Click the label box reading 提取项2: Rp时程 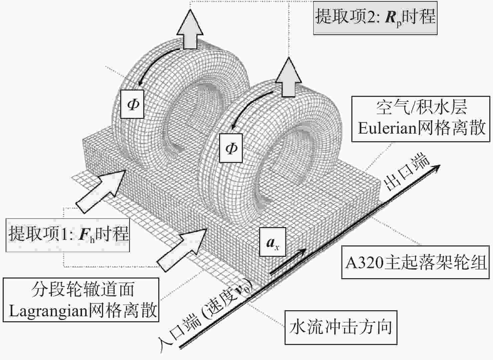pyautogui.click(x=375, y=17)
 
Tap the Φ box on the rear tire pyautogui.click(x=133, y=104)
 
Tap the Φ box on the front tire pyautogui.click(x=231, y=147)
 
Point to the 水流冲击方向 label pyautogui.click(x=341, y=327)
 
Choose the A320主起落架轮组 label pyautogui.click(x=415, y=262)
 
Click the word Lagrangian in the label pyautogui.click(x=48, y=311)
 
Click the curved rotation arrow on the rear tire pyautogui.click(x=157, y=63)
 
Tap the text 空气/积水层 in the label pyautogui.click(x=421, y=108)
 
